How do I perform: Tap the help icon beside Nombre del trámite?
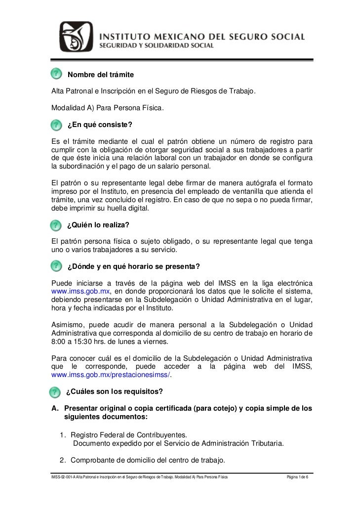click(x=57, y=74)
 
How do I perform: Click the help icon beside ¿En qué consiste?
click(x=57, y=122)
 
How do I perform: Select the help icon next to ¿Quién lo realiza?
click(x=57, y=225)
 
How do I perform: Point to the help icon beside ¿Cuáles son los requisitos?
click(x=57, y=392)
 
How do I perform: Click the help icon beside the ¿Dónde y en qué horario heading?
click(x=57, y=267)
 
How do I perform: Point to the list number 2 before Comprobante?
click(x=63, y=461)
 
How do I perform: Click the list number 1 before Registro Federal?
click(x=63, y=435)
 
